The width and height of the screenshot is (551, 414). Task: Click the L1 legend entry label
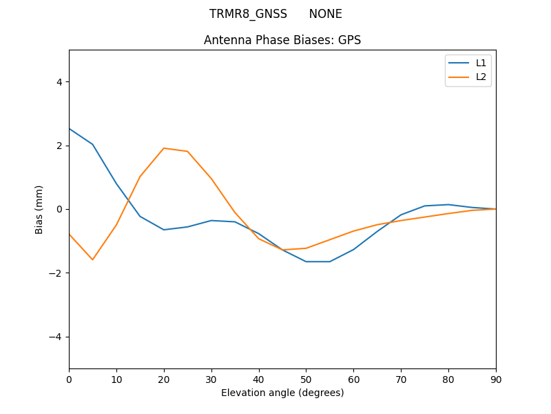pyautogui.click(x=481, y=63)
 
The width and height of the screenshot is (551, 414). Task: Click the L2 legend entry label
pyautogui.click(x=481, y=77)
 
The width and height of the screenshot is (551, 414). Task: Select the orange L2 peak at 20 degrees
pyautogui.click(x=164, y=148)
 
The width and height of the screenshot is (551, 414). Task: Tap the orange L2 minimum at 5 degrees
pyautogui.click(x=92, y=259)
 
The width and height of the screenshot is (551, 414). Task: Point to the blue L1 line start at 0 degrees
pyautogui.click(x=70, y=129)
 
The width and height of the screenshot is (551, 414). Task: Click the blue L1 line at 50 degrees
pyautogui.click(x=306, y=262)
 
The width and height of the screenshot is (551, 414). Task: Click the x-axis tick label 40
pyautogui.click(x=258, y=379)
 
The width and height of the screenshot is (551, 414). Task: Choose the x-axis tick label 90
pyautogui.click(x=495, y=379)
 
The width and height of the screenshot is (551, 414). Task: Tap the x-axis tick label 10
pyautogui.click(x=116, y=379)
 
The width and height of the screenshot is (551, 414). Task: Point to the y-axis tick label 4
pyautogui.click(x=59, y=82)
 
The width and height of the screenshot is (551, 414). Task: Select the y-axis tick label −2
pyautogui.click(x=56, y=273)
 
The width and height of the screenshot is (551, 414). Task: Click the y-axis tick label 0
pyautogui.click(x=59, y=209)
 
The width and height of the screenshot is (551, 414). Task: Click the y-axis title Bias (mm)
pyautogui.click(x=39, y=209)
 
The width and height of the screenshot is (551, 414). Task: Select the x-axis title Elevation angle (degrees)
pyautogui.click(x=282, y=393)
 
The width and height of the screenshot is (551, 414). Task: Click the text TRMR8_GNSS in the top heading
pyautogui.click(x=248, y=14)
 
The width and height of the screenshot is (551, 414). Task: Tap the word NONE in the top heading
pyautogui.click(x=325, y=14)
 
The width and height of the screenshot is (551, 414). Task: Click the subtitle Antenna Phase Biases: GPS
pyautogui.click(x=282, y=40)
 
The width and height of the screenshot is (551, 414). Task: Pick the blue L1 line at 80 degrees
pyautogui.click(x=448, y=204)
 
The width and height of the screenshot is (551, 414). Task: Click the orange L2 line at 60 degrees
pyautogui.click(x=353, y=231)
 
